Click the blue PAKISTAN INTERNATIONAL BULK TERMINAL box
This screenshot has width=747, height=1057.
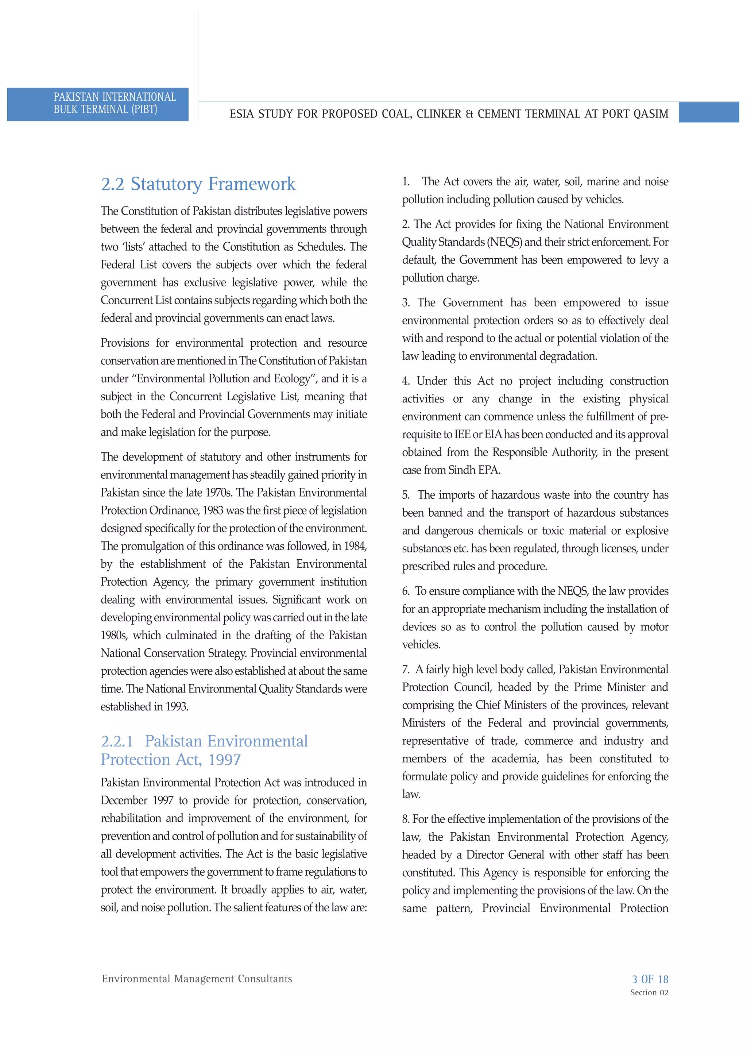tap(98, 104)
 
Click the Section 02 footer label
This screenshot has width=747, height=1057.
tap(649, 992)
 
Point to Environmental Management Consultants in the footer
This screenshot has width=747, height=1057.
tap(197, 979)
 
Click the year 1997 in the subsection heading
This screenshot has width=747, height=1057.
tap(224, 760)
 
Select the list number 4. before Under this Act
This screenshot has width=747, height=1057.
tap(406, 381)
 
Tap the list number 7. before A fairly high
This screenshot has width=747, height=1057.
tap(406, 670)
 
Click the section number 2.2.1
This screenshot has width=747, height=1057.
tap(117, 741)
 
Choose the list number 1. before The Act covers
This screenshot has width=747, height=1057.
tap(406, 182)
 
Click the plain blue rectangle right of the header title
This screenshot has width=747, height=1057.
tap(708, 113)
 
